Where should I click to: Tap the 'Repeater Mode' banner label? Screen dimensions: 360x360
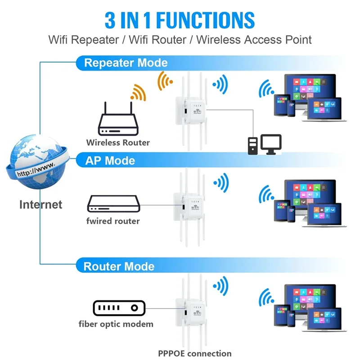pyautogui.click(x=126, y=63)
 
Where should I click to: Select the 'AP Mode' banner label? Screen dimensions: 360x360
pyautogui.click(x=110, y=161)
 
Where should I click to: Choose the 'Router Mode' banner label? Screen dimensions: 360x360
pyautogui.click(x=119, y=266)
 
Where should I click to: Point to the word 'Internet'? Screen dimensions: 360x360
pyautogui.click(x=40, y=204)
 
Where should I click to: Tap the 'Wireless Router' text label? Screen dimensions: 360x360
pyautogui.click(x=118, y=143)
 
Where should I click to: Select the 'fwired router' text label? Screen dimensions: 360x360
pyautogui.click(x=113, y=221)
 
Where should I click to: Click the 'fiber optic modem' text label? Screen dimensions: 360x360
pyautogui.click(x=116, y=324)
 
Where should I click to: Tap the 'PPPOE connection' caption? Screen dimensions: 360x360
pyautogui.click(x=194, y=354)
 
